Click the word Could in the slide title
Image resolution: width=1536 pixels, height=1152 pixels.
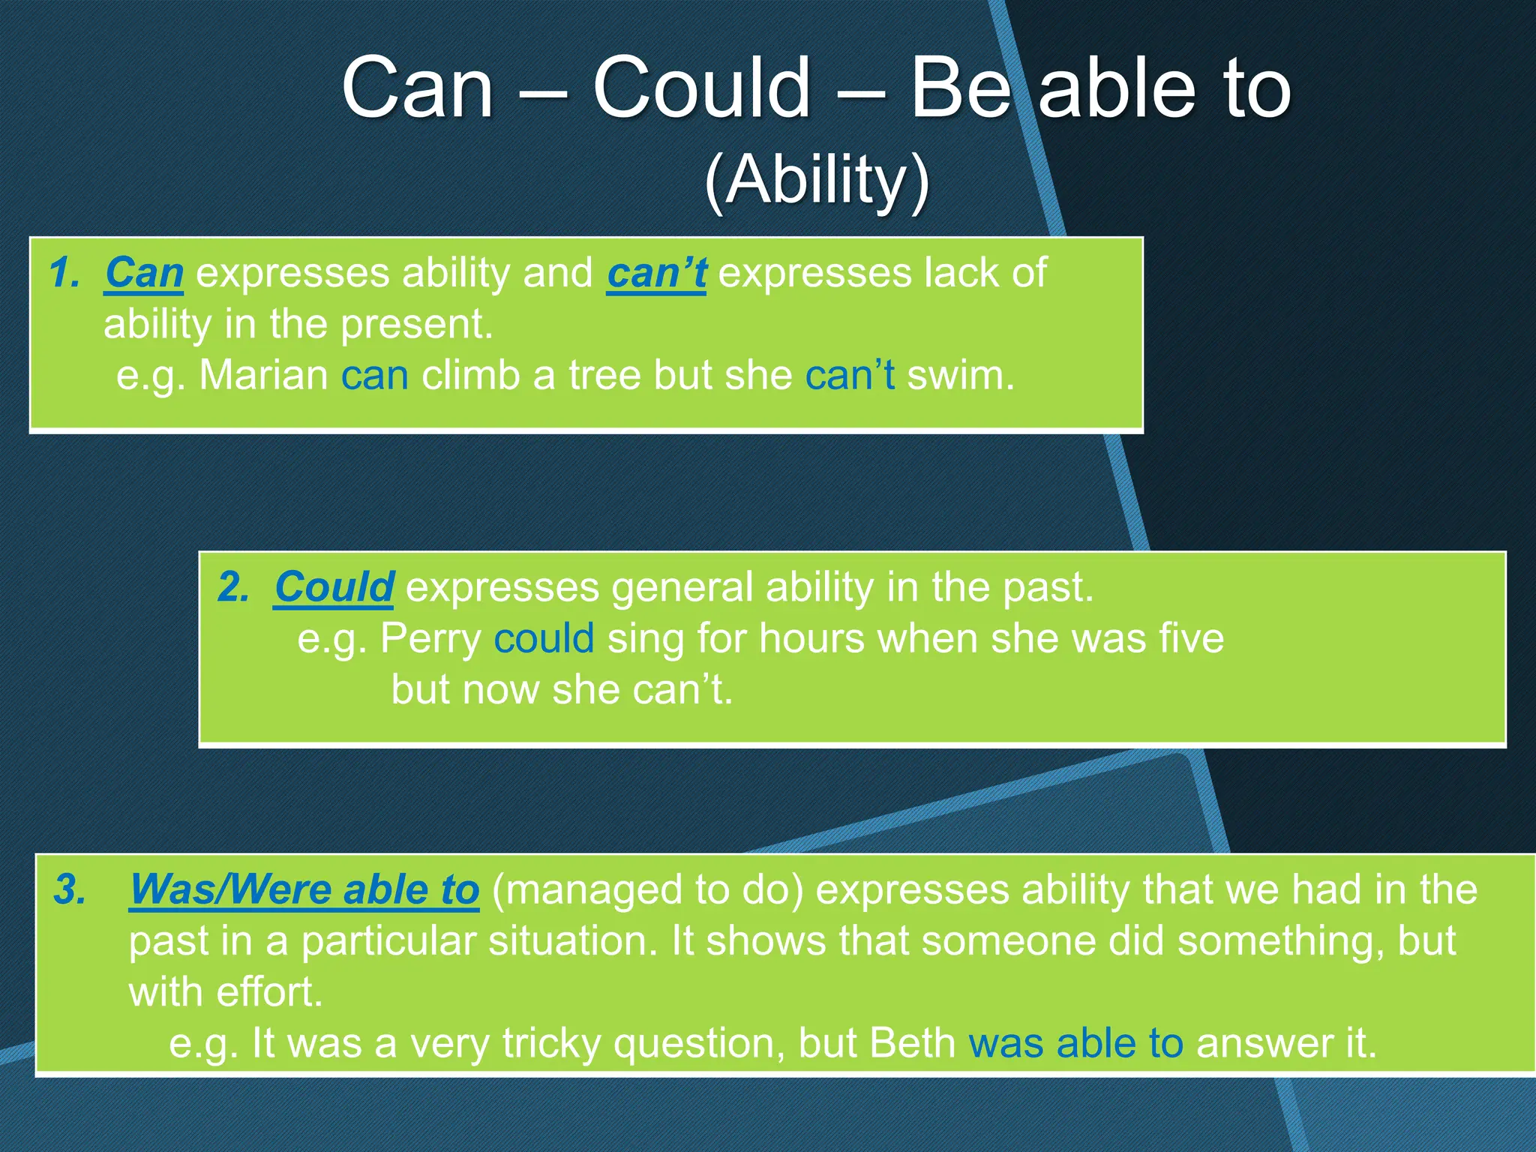pos(701,88)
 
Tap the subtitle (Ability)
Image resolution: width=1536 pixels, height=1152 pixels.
pos(817,180)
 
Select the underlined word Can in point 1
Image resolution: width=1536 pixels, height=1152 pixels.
pos(144,272)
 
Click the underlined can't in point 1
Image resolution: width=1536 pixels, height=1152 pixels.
pos(656,272)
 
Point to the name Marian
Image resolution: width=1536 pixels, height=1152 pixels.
pos(263,375)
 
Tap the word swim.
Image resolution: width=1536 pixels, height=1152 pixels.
pos(960,375)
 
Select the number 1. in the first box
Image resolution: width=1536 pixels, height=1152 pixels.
pos(65,272)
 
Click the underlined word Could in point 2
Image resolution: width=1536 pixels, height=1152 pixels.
pos(334,586)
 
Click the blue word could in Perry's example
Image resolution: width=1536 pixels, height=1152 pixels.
pos(544,639)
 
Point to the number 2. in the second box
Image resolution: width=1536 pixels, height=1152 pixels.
pos(233,586)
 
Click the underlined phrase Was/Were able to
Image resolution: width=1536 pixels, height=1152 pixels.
pos(304,889)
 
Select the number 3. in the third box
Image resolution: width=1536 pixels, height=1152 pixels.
pos(70,889)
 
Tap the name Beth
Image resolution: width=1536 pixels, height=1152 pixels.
pos(912,1043)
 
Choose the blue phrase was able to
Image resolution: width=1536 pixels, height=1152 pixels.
pos(1075,1043)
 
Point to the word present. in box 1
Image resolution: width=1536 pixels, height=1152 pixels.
pos(417,324)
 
